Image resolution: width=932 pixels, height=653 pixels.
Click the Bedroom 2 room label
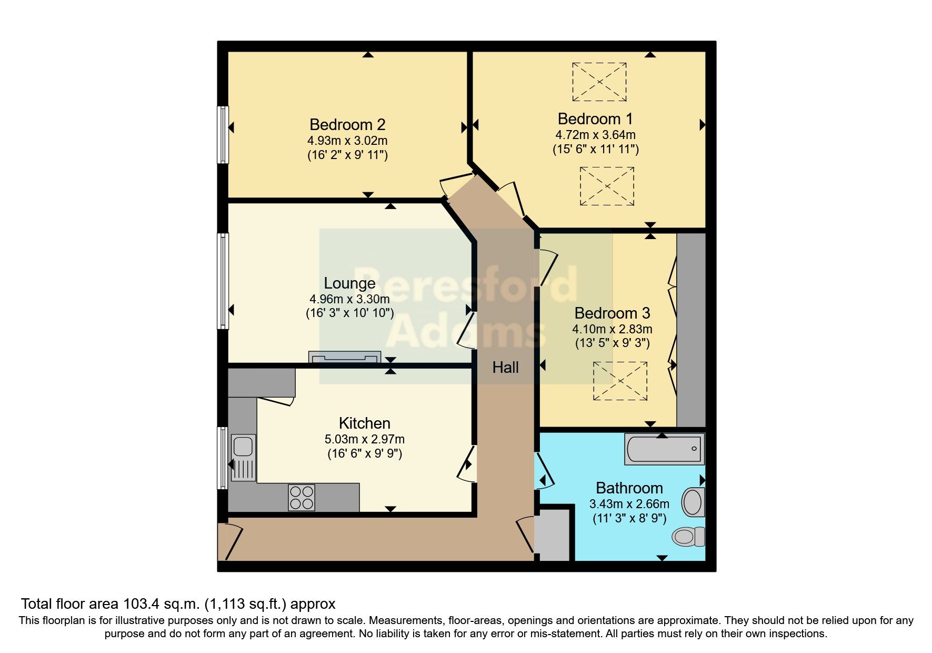pos(347,125)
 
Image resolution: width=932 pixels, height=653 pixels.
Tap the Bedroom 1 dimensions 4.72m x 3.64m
pos(595,135)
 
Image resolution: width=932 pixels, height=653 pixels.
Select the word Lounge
pos(349,283)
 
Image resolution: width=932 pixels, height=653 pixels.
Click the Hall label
pos(505,367)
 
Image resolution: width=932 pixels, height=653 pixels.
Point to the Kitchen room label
pos(364,423)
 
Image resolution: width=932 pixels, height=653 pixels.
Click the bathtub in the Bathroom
pos(664,449)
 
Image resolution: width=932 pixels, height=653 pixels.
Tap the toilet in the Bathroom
pos(688,537)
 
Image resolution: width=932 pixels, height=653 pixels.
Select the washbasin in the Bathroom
pos(693,502)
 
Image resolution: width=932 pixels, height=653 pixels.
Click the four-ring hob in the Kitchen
pos(302,497)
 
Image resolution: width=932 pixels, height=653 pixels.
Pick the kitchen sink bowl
pos(244,446)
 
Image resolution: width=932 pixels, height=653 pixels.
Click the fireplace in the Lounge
pos(345,357)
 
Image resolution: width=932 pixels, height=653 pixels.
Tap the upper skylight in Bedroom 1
pos(599,82)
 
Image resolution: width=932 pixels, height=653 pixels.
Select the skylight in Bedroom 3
pos(620,381)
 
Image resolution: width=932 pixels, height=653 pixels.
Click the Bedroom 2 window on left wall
pos(224,135)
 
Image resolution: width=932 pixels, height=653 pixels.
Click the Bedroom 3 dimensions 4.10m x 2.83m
pos(612,330)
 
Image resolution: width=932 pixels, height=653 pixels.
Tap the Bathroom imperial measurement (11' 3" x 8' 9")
pos(629,518)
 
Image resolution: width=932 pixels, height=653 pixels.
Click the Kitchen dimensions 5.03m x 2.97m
pos(365,439)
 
